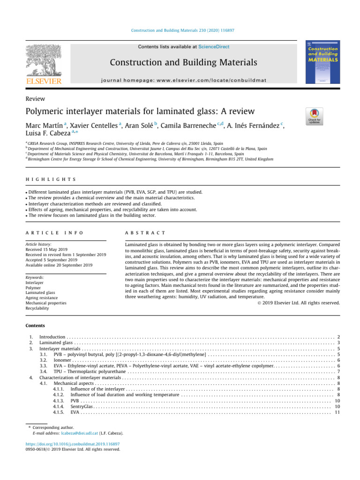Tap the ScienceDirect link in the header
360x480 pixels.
(x=214, y=47)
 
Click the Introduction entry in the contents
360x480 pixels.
(x=52, y=337)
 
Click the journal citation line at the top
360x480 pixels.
(x=182, y=30)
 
